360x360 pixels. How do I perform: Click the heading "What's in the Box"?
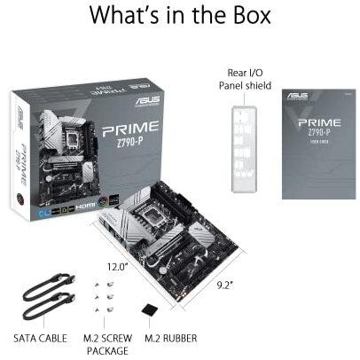tap(179, 18)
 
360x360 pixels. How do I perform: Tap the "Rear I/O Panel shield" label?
tap(245, 79)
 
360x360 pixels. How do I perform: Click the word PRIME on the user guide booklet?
tap(318, 121)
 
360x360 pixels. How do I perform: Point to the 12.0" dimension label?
tap(119, 266)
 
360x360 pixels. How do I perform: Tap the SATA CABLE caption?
tap(39, 338)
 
